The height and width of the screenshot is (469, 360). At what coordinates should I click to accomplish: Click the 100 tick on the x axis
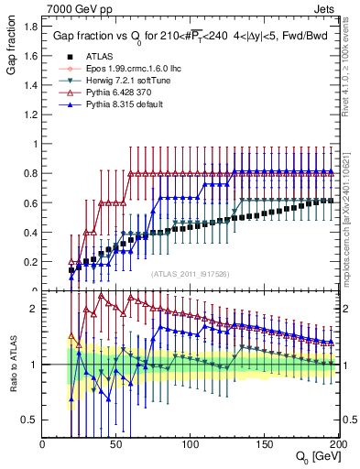[x=191, y=442]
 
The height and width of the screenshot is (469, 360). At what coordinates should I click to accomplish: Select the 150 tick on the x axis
[x=264, y=442]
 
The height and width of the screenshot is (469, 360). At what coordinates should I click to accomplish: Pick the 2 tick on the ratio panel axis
[x=35, y=309]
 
